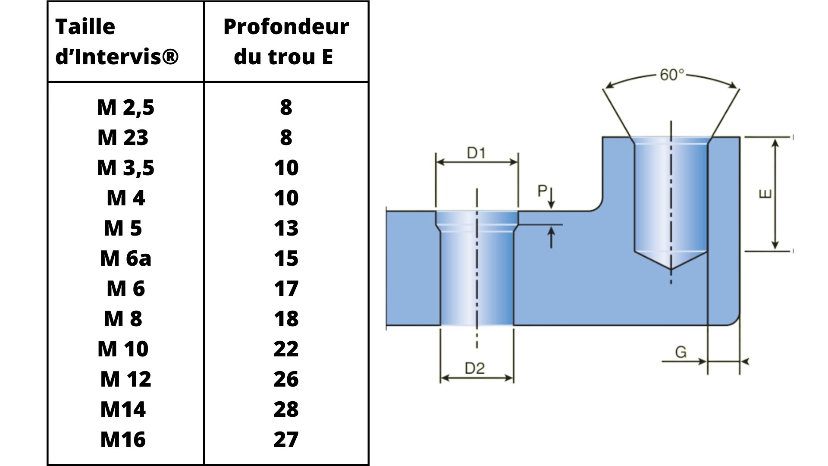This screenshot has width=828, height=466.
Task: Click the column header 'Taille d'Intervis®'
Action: click(x=117, y=41)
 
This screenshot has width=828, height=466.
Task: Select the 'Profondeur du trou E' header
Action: click(x=285, y=41)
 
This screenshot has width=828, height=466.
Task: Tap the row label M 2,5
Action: click(x=125, y=107)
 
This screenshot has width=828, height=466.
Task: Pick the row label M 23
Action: click(x=123, y=137)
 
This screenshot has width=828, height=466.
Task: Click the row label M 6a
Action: click(x=125, y=258)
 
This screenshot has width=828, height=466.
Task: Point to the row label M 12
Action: click(x=125, y=379)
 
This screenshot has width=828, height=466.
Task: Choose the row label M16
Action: click(x=123, y=439)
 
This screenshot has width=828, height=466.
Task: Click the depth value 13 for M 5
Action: click(x=286, y=228)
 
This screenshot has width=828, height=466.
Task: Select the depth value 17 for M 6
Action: click(x=286, y=288)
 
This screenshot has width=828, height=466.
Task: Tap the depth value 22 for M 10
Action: click(x=286, y=349)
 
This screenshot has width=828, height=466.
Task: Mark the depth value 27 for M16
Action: click(x=286, y=439)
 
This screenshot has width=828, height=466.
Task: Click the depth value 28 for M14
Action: click(x=286, y=409)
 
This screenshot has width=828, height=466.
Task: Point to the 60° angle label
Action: click(x=672, y=75)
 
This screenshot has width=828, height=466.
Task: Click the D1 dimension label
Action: click(x=476, y=153)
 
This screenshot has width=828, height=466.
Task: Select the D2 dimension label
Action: click(x=474, y=368)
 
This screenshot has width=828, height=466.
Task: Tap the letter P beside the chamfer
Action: click(x=542, y=191)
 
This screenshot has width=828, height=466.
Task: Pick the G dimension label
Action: click(x=681, y=352)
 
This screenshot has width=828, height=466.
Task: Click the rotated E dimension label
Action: click(x=765, y=195)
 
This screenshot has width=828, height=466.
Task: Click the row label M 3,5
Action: click(x=125, y=167)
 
